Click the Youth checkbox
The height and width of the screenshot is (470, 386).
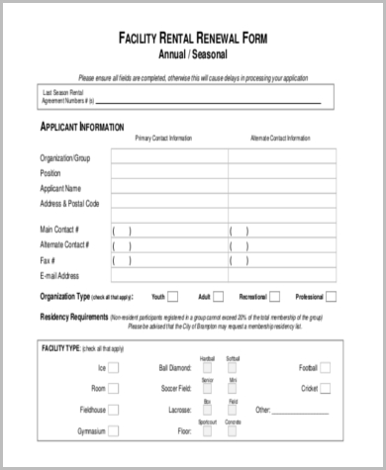tap(173, 296)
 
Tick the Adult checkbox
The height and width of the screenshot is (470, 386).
tap(220, 296)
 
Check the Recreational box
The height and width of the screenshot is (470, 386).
tap(276, 296)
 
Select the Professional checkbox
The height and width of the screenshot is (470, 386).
tap(333, 296)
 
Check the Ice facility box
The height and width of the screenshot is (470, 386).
tap(115, 368)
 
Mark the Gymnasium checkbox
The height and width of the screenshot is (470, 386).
tap(115, 432)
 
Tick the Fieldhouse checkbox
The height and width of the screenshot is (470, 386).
tap(115, 410)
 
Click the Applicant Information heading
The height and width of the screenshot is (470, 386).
tap(81, 127)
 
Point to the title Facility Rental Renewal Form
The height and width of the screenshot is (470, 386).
tap(192, 39)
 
